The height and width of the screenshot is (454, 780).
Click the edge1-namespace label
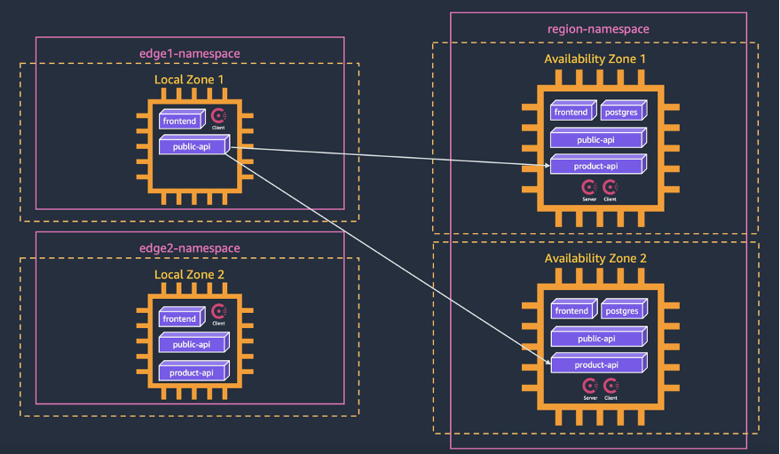coord(189,54)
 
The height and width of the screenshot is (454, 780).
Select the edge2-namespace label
coord(189,247)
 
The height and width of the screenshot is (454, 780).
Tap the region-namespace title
coord(598,29)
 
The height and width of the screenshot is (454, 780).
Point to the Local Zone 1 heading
coord(189,80)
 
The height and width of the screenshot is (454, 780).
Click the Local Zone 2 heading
coord(189,275)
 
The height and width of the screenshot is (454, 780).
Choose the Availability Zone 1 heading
coord(595,59)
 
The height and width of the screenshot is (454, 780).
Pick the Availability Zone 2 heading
coord(595,258)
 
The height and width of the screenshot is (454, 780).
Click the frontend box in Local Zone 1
coord(181,121)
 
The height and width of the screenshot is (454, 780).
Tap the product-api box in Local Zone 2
coord(193,372)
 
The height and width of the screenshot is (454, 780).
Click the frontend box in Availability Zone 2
coord(572,311)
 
